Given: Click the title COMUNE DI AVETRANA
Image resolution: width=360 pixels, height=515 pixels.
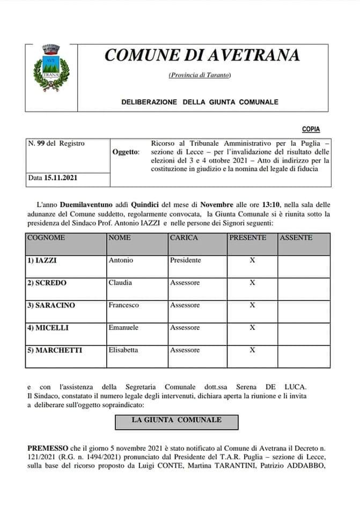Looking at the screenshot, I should coord(202,55).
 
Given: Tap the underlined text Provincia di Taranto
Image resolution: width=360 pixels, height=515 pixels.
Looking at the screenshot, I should coord(200,75).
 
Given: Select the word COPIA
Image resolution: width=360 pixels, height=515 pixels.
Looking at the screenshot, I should coord(311,129).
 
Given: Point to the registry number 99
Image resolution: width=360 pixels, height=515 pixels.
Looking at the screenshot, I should coord(40,143).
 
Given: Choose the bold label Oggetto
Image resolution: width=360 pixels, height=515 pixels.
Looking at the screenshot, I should coord(126,152).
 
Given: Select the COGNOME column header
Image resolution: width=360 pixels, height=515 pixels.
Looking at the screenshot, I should coord(46,238).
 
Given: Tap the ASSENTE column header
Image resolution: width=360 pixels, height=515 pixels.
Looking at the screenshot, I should coord(297,238).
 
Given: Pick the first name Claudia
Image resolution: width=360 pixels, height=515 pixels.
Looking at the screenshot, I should coord(120,283).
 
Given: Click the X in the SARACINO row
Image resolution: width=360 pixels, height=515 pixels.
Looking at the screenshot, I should coord(252,305).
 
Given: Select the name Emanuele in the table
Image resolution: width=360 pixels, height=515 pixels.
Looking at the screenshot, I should coord(123,328).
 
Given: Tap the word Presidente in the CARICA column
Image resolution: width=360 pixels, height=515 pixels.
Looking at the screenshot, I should coord(186,260).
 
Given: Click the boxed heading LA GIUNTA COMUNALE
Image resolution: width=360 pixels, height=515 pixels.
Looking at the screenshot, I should coord(177,420).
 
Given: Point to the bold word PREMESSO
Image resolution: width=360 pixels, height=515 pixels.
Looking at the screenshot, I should coord(47,447).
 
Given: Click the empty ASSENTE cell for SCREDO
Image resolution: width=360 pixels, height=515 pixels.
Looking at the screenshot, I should coord(304,283).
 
